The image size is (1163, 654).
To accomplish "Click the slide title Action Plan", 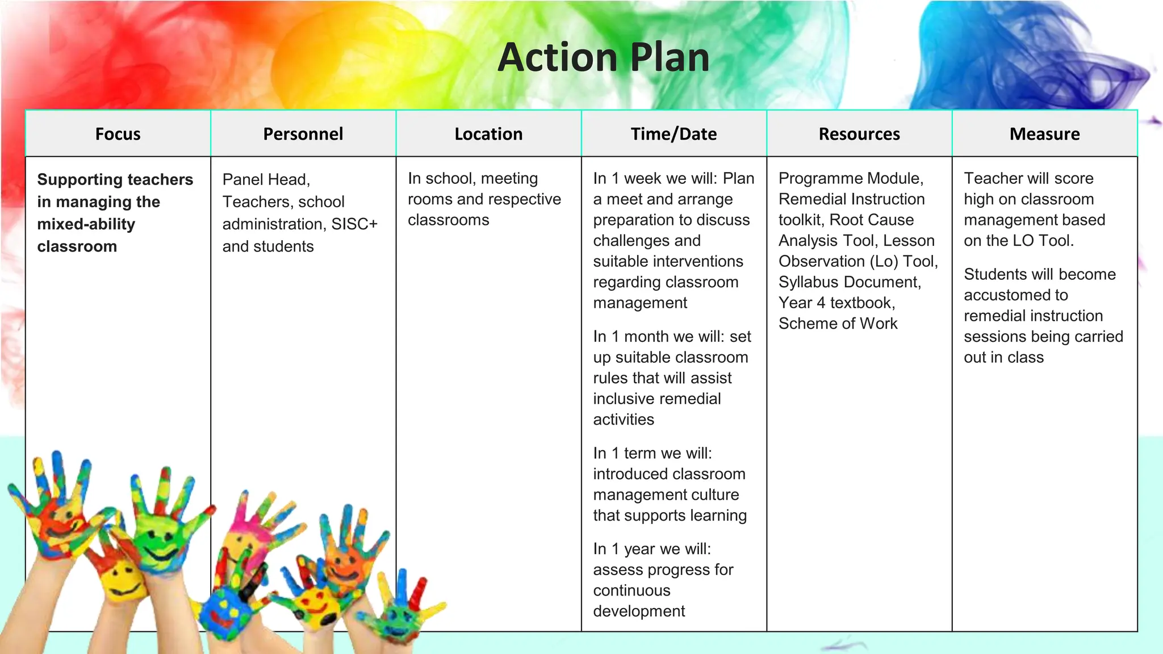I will (603, 58).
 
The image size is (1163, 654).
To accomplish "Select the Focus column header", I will (118, 134).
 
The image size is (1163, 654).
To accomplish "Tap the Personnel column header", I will (303, 134).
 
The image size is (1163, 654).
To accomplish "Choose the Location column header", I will (488, 134).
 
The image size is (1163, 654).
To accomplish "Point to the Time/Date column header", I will (673, 134).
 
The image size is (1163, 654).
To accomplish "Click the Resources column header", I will (859, 134).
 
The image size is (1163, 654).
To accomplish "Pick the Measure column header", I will (1044, 134).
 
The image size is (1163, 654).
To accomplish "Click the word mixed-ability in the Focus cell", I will (86, 224).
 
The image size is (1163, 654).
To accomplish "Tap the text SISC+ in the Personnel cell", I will (354, 224).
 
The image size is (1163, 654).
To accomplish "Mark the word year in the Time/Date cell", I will (640, 549).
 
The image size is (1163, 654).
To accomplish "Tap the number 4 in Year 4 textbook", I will (821, 303).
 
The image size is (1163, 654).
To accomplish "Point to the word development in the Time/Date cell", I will (639, 611).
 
